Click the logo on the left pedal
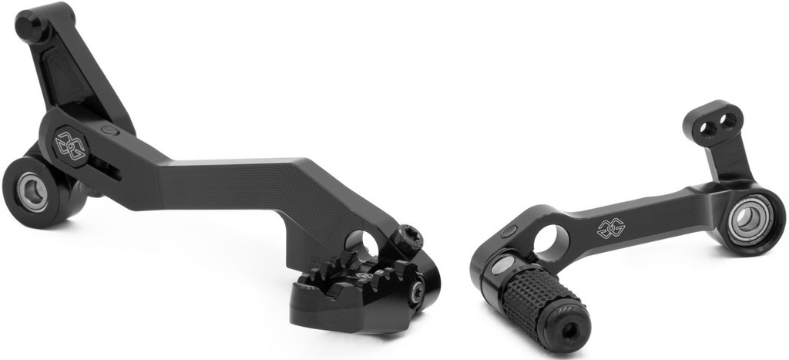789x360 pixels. tap(70, 143)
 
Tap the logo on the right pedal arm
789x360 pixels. tap(609, 229)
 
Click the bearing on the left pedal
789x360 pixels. tap(33, 190)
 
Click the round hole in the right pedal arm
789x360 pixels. tap(551, 241)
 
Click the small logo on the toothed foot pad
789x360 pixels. tap(361, 274)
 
